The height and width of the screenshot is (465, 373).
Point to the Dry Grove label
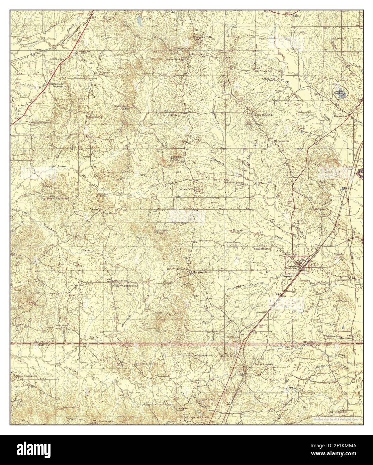(100, 212)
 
